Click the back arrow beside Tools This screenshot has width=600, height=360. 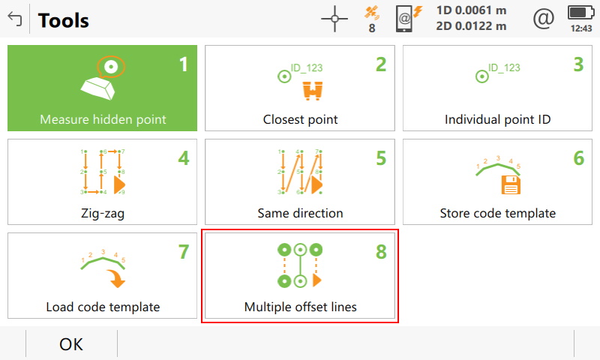tap(13, 19)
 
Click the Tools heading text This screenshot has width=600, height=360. tap(64, 20)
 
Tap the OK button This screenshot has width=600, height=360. tap(71, 344)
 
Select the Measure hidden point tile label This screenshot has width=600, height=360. tap(103, 119)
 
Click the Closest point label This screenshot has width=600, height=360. tap(300, 119)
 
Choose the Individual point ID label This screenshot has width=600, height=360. tap(498, 119)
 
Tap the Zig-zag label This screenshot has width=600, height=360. tap(103, 213)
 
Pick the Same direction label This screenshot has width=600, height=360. tap(300, 213)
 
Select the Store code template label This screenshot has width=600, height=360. tap(498, 213)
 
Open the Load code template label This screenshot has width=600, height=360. tap(103, 307)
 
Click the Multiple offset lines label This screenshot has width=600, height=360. tap(300, 307)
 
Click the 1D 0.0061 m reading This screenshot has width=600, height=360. tap(471, 10)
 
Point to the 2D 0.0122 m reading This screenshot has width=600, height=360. tap(471, 26)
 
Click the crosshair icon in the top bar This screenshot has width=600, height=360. tap(334, 19)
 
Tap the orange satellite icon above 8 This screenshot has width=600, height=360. tap(371, 12)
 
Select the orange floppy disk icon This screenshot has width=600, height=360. tap(510, 184)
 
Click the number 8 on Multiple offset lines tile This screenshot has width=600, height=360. tap(381, 252)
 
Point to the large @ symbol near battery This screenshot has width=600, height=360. tap(543, 19)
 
